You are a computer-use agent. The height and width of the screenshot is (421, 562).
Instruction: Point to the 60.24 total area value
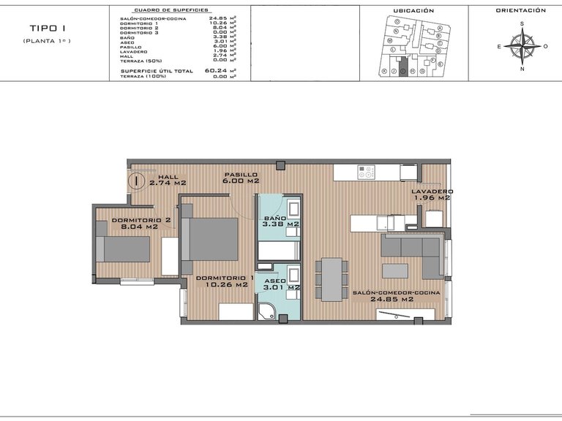217,71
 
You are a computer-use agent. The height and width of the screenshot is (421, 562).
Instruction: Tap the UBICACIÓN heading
413,11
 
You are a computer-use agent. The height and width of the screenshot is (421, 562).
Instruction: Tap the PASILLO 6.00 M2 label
241,178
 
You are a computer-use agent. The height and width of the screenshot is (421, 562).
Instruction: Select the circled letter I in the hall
136,181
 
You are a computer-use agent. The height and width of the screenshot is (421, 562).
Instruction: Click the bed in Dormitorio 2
125,249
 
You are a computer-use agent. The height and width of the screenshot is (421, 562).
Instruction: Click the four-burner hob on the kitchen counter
367,172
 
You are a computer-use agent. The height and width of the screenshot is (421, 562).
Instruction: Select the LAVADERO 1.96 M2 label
432,194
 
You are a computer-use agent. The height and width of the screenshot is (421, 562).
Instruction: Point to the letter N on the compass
522,69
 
